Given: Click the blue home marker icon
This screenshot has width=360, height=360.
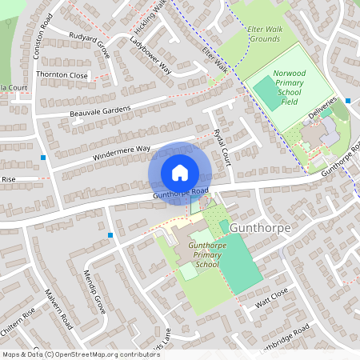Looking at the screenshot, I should [179, 173].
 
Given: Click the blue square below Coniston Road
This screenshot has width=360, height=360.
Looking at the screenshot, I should [42, 158].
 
